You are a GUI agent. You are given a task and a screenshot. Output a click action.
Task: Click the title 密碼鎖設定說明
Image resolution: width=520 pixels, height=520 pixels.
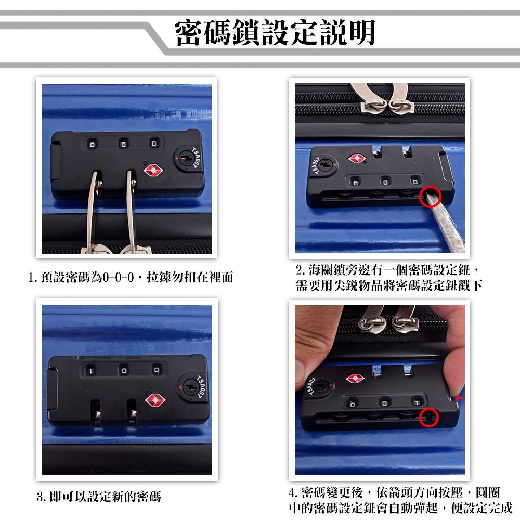[275, 32]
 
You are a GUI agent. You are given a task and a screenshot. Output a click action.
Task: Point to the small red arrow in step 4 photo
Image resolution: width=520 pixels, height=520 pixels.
[460, 398]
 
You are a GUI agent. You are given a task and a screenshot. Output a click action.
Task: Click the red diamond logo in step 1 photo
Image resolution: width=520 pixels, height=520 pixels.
[153, 171]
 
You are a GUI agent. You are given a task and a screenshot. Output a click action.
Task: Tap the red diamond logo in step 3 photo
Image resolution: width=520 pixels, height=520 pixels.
[155, 400]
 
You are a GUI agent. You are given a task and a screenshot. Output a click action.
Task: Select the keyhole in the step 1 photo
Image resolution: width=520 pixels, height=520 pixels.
[186, 159]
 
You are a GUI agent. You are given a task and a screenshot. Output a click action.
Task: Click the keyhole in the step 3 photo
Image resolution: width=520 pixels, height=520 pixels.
[190, 387]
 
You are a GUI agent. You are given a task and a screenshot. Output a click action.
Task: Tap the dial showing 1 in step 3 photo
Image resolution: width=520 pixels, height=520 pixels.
[90, 371]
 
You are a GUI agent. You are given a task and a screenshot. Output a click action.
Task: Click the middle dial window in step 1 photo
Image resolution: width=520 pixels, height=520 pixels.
[123, 144]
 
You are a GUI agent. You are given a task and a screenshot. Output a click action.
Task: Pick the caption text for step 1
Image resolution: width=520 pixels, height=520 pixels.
[131, 277]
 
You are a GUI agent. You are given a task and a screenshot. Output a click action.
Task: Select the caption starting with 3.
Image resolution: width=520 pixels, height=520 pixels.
[99, 497]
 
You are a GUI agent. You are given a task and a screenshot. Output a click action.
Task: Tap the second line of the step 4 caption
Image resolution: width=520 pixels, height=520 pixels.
[400, 508]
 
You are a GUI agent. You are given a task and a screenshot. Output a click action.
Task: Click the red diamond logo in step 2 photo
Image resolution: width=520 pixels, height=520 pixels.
[357, 158]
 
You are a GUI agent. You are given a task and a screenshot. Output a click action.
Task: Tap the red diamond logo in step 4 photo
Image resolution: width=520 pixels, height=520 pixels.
[355, 379]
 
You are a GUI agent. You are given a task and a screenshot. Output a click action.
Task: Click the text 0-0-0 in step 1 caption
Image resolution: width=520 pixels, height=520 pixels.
[118, 277]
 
